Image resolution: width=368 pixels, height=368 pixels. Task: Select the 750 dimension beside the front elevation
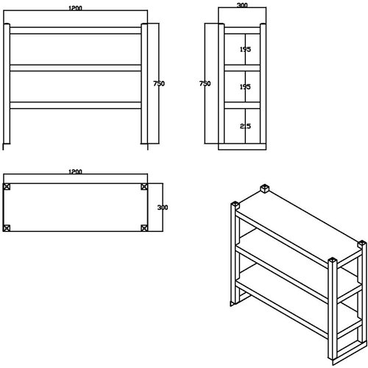pos(158,84)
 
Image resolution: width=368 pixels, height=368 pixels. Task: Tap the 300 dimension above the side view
pos(241,5)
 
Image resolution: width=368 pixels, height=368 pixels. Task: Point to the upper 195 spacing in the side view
pos(245,49)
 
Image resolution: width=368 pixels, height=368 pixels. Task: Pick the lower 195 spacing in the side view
pos(245,87)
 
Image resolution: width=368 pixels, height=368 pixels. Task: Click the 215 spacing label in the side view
pos(245,127)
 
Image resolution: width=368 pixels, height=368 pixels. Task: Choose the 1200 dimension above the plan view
pos(74,171)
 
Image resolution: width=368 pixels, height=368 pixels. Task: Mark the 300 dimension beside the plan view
pos(163,207)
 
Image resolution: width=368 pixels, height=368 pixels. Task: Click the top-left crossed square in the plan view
pos(7,186)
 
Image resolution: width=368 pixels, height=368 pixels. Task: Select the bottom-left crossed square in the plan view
pos(7,227)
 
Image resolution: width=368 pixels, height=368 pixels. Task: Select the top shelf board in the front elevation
pos(75,31)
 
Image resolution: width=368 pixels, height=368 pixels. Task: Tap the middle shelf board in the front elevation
pos(75,68)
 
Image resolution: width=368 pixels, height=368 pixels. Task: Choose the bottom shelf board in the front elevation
pos(75,105)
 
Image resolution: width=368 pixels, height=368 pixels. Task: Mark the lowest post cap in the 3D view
pos(333,261)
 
